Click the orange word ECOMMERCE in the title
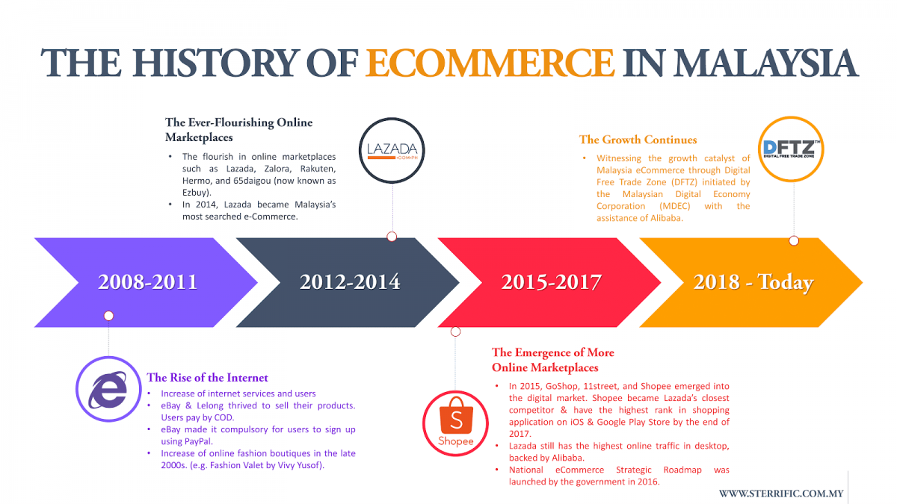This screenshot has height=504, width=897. (x=490, y=63)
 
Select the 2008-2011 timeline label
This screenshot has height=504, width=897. (x=148, y=282)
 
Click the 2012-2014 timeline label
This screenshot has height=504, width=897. (x=350, y=282)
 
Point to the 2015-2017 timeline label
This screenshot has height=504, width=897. (x=552, y=282)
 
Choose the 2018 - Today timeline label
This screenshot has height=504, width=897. (x=753, y=282)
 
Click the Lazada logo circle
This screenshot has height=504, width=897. (x=392, y=150)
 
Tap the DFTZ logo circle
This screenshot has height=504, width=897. (x=791, y=149)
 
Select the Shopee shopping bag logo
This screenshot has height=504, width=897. (x=456, y=423)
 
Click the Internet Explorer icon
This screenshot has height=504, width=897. (x=108, y=389)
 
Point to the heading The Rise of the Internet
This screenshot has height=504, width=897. (x=207, y=378)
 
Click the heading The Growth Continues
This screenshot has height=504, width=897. (x=638, y=140)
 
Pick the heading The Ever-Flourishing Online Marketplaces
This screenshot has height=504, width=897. (x=238, y=130)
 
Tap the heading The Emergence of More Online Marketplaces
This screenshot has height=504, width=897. (x=552, y=360)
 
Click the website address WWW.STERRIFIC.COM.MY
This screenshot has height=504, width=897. (x=781, y=494)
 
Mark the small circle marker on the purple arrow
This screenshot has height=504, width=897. (x=108, y=316)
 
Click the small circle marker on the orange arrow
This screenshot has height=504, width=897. (x=794, y=240)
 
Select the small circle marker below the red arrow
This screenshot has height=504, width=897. (x=455, y=332)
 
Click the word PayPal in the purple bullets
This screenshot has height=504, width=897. (x=198, y=441)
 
